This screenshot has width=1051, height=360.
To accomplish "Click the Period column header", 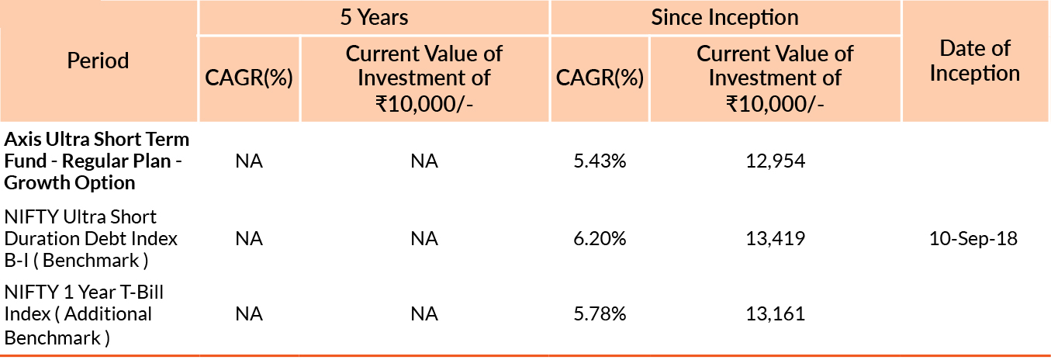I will tap(98, 61).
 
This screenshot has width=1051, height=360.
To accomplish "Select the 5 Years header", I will tap(374, 17).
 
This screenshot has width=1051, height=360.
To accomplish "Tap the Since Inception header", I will tap(724, 17).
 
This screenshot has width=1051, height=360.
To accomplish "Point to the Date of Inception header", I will tap(974, 61).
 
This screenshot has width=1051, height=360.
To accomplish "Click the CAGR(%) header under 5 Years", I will tap(248, 78).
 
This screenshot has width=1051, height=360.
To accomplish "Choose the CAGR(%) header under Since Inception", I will tap(600, 78).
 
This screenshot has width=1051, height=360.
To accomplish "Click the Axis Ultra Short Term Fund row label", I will tap(96, 161).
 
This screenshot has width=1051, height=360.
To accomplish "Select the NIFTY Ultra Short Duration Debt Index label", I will tap(91, 238).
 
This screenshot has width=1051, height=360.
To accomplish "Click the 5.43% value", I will tap(599, 161).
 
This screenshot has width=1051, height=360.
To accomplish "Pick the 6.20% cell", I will tap(599, 238).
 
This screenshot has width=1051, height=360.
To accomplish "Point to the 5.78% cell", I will tap(599, 314).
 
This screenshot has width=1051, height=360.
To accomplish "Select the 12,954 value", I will tap(775, 161).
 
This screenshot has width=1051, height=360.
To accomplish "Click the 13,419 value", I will tap(775, 238).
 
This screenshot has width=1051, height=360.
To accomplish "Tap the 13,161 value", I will tap(775, 314).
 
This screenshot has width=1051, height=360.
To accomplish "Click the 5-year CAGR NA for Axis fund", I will tap(249, 161).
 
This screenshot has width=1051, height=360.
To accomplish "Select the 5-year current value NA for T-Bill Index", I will tap(424, 314).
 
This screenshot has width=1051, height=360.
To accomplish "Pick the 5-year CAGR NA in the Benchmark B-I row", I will tap(249, 238).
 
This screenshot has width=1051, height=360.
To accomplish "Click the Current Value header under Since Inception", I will tap(775, 78).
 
